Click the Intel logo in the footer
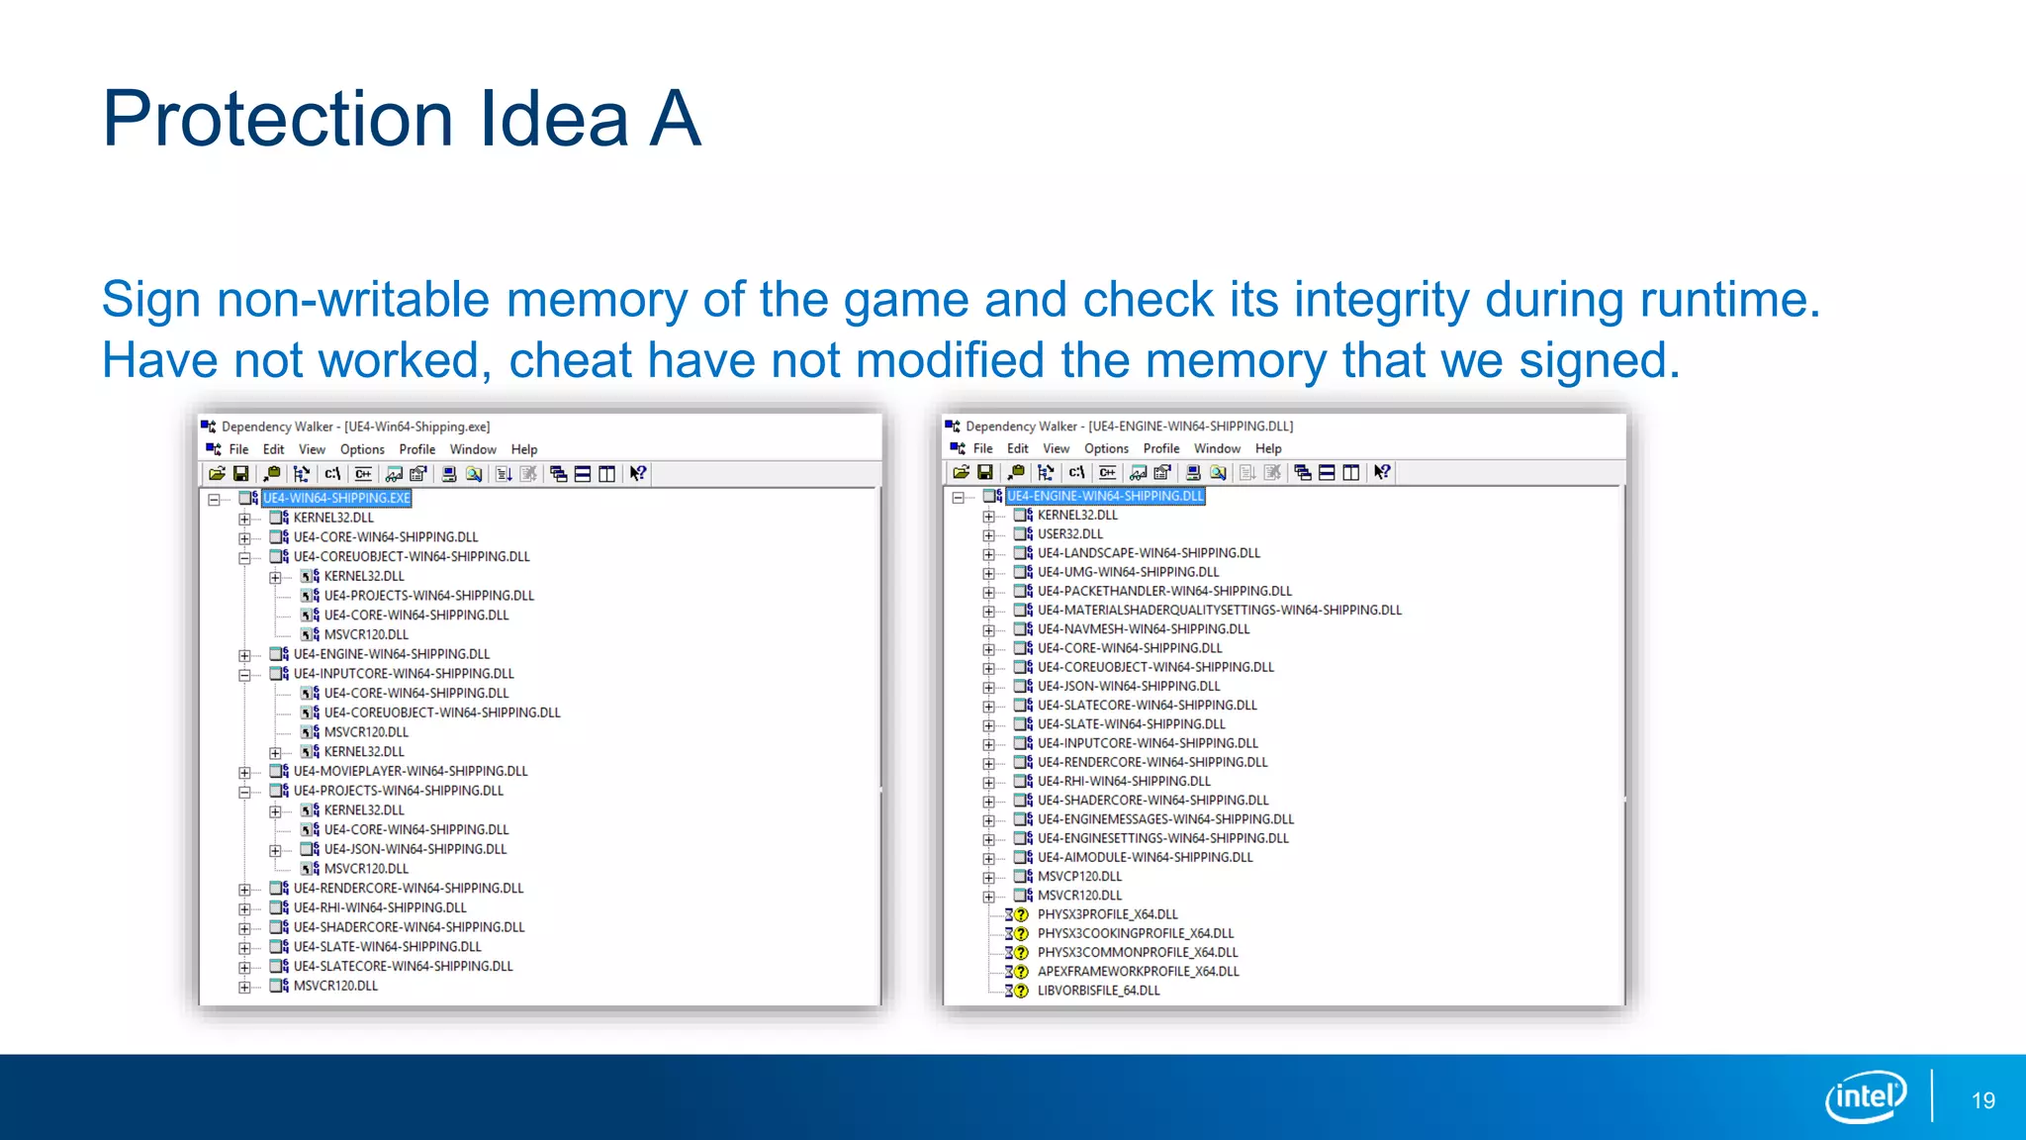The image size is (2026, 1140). pos(1866,1096)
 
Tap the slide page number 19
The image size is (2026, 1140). pos(1982,1100)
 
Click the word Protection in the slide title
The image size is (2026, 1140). pos(278,119)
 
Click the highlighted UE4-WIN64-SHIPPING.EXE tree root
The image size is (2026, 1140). pos(336,498)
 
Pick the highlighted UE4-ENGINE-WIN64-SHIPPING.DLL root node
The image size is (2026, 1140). pos(1105,496)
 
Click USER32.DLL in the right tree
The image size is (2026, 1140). pos(1069,534)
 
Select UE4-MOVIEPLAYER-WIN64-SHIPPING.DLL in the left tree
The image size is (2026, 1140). pos(411,771)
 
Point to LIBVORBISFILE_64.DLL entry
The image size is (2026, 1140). pos(1098,991)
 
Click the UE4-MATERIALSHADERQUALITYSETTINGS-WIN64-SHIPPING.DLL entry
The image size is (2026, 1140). pos(1219,611)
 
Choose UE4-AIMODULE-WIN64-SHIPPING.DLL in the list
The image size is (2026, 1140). pos(1145,857)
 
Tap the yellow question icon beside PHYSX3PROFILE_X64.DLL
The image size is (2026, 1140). pos(1022,914)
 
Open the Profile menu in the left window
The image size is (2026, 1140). pos(416,449)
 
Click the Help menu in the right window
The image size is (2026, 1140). pos(1268,448)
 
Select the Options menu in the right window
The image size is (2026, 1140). pos(1106,448)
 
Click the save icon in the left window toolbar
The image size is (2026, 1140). pos(240,474)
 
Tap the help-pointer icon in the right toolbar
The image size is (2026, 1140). pos(1382,472)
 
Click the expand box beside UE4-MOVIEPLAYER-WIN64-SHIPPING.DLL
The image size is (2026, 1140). pos(244,772)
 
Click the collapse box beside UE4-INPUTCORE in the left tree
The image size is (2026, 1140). pos(244,675)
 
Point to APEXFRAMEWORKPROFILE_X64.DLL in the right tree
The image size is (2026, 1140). pos(1138,972)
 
